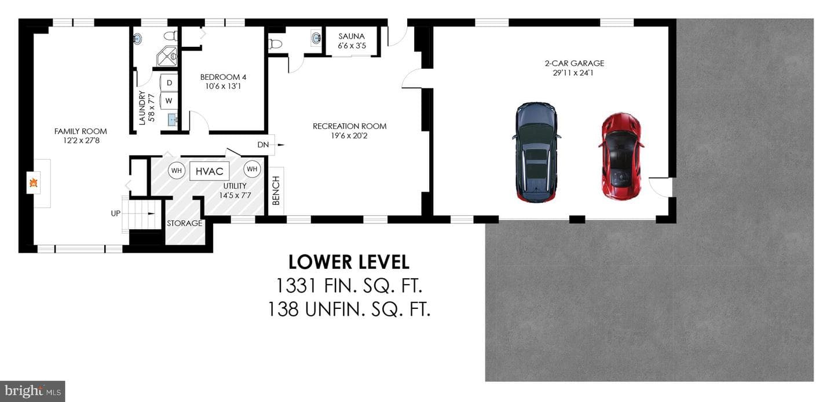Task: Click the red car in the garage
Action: coord(621,156)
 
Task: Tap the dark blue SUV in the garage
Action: coord(536,153)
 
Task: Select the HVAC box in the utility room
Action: coord(209,171)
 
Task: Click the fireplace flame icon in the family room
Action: coord(34,183)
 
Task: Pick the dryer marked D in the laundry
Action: coord(169,83)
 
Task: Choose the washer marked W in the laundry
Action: coord(169,101)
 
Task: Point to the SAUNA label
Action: coord(352,36)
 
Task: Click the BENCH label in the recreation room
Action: coord(276,190)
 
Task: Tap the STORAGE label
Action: coord(184,223)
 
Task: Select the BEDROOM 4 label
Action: coord(223,77)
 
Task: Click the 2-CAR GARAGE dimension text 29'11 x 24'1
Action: coord(573,73)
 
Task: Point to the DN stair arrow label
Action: coord(263,145)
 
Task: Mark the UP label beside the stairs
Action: coord(115,213)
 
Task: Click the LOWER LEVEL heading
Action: coord(349,262)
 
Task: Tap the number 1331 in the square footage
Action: coord(295,286)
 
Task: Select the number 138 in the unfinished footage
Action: coord(283,309)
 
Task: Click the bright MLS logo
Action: coord(32,391)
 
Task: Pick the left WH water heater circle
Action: coord(177,171)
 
